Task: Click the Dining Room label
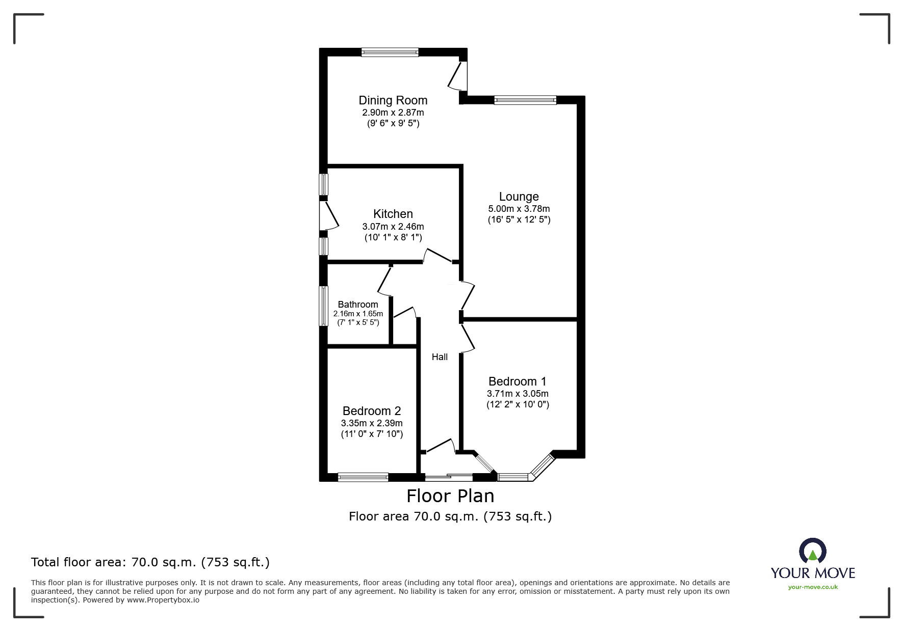click(393, 100)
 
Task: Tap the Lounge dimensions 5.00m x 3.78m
click(519, 209)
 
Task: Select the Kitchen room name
click(393, 214)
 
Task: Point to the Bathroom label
click(358, 305)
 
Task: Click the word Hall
click(440, 357)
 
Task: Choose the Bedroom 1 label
click(517, 381)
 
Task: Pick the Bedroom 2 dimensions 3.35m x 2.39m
click(372, 423)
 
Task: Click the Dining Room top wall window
click(390, 51)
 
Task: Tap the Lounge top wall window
click(525, 100)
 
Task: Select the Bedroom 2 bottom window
click(363, 477)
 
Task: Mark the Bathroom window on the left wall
click(323, 306)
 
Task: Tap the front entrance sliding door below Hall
click(449, 477)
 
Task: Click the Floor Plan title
click(450, 496)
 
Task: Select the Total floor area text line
click(150, 562)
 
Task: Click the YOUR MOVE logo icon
click(812, 552)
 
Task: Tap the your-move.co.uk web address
click(813, 587)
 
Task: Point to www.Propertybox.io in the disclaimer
click(163, 600)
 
